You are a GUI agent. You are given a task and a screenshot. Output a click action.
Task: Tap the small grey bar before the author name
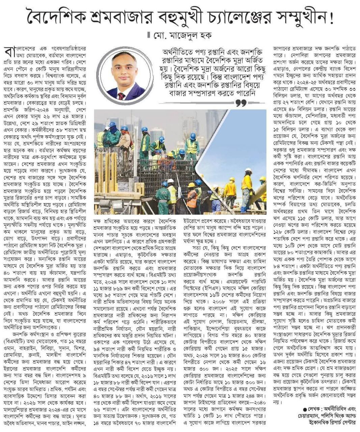click(x=148, y=35)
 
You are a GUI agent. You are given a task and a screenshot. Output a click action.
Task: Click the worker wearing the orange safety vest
click(x=192, y=197)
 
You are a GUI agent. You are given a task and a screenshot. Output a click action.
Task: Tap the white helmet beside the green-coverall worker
click(x=171, y=181)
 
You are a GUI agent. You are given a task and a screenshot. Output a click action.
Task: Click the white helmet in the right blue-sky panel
click(x=249, y=171)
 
